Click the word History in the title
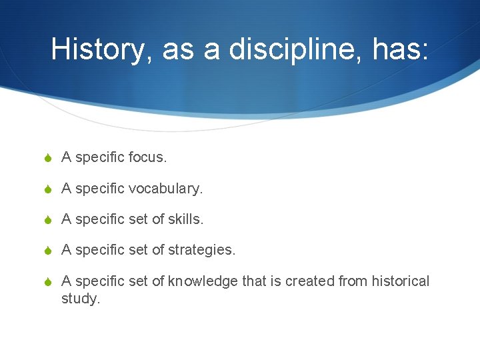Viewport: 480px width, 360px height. tap(97, 49)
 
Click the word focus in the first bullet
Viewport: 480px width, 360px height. tap(146, 157)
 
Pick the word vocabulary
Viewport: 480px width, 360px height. tap(165, 189)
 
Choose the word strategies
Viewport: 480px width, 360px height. tap(201, 250)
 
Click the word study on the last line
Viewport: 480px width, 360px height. tap(80, 299)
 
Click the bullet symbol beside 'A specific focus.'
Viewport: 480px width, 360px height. tap(47, 158)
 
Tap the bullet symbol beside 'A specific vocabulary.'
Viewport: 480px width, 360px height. tap(47, 189)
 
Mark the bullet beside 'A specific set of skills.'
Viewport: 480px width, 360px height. tap(47, 219)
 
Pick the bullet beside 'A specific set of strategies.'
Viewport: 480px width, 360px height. tap(47, 251)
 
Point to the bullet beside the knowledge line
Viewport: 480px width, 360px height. tap(47, 282)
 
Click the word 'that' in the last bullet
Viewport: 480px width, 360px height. tap(253, 281)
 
